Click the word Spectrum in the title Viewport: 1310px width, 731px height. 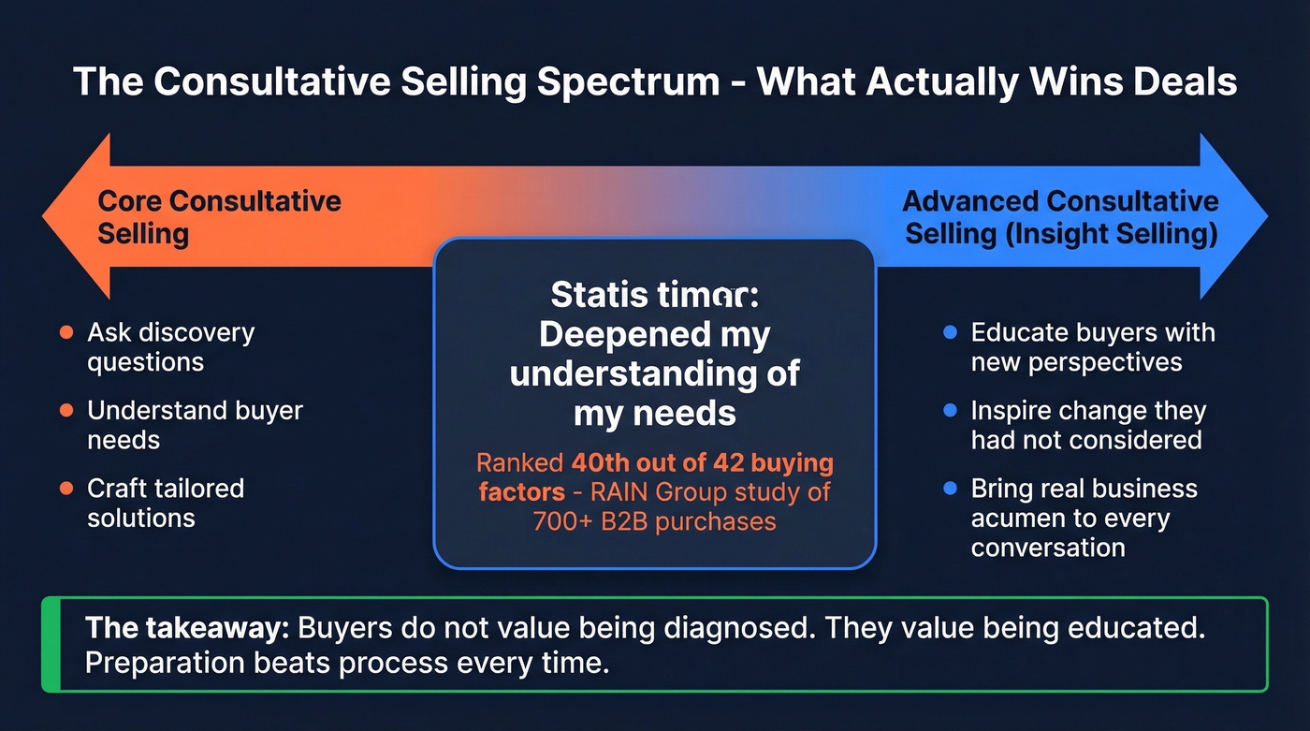pos(638,82)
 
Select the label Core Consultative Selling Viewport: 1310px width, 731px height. pos(219,216)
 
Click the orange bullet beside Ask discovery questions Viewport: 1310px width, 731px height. pos(65,332)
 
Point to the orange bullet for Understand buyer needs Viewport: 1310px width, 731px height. pos(65,410)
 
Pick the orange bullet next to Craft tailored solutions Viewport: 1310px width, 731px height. pos(65,488)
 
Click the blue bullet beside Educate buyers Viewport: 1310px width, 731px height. pos(950,332)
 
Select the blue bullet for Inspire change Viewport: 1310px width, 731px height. pos(950,410)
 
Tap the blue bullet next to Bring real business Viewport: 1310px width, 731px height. pos(950,488)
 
